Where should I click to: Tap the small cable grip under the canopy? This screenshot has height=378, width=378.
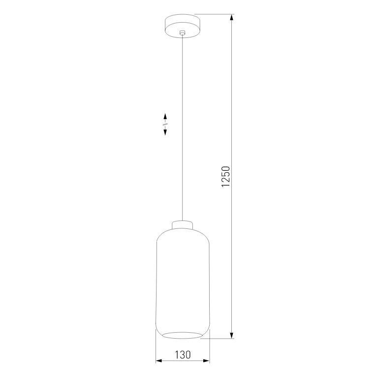183,33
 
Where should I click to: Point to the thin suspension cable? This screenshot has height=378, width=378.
183,123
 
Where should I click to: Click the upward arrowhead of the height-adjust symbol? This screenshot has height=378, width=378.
165,117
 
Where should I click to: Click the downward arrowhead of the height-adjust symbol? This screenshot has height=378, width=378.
165,132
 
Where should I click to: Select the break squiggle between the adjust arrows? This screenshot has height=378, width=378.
165,125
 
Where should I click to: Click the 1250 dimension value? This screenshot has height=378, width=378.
226,177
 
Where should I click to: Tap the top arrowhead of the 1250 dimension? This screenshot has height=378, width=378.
232,18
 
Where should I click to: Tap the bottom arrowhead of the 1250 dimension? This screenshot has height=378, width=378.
232,335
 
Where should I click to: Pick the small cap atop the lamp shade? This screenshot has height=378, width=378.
183,225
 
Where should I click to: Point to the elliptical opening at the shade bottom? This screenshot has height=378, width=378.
183,335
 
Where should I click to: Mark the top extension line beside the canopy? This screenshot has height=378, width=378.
214,14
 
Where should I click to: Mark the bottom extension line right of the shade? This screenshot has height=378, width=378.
219,339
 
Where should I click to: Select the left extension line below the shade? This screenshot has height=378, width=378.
156,349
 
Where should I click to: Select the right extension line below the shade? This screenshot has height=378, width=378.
210,349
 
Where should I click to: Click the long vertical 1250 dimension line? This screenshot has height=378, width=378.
232,98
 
